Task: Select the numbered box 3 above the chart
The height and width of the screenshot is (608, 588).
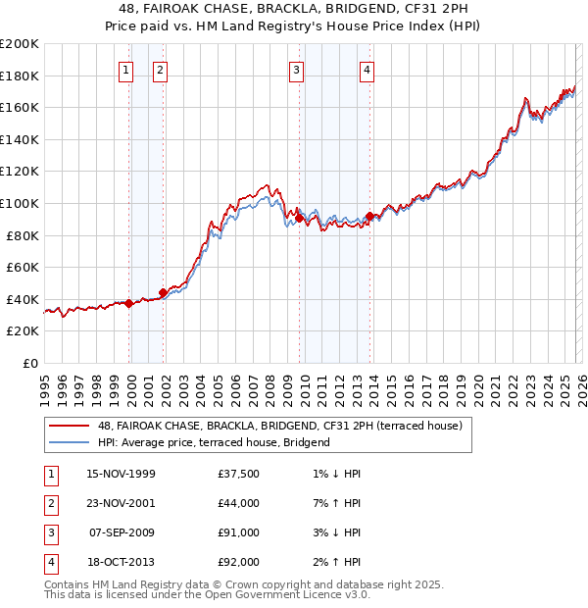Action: click(x=296, y=70)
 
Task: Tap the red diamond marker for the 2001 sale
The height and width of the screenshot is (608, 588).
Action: click(x=163, y=292)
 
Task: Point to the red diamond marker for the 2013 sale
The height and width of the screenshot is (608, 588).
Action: click(x=368, y=216)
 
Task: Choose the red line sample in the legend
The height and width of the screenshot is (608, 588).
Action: click(x=70, y=426)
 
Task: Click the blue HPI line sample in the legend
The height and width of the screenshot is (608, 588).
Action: click(x=70, y=442)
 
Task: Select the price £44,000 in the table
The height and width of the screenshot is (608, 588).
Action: click(x=239, y=504)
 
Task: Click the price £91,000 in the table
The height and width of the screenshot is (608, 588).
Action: click(x=239, y=533)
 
